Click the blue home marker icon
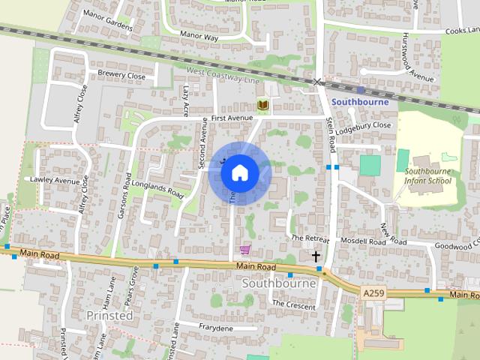click(x=239, y=172)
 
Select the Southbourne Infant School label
click(x=428, y=175)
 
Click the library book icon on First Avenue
click(x=262, y=106)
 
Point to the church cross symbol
click(x=316, y=256)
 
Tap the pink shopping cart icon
click(x=244, y=250)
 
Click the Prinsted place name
click(x=109, y=315)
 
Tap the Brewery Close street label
click(x=121, y=75)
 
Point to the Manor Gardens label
click(x=108, y=22)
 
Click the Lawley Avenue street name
click(x=54, y=181)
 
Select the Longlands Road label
click(x=157, y=188)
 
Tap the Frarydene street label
click(x=216, y=328)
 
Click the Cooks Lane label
click(x=460, y=31)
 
